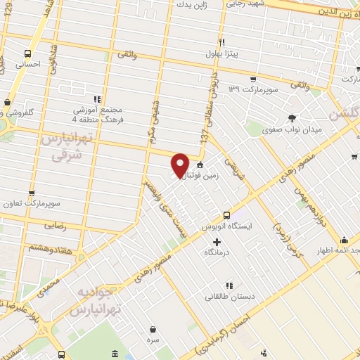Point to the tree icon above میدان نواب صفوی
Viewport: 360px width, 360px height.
(x=292, y=117)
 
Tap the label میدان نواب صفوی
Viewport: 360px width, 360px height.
(x=291, y=130)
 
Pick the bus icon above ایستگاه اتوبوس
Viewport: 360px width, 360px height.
(x=227, y=215)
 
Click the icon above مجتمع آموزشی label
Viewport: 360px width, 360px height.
(x=98, y=100)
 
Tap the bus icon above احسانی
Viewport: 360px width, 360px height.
(x=27, y=53)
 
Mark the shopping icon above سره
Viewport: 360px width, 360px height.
(x=153, y=328)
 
